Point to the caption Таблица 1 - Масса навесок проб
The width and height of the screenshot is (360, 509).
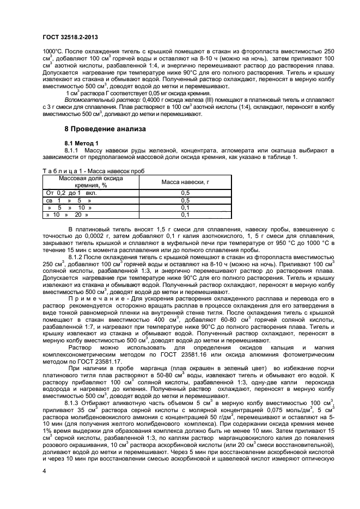(x=93, y=170)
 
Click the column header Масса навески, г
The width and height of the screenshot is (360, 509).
(x=185, y=181)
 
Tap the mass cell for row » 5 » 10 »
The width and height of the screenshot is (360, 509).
(x=185, y=207)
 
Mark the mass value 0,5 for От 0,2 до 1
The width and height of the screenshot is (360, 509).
(x=185, y=193)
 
